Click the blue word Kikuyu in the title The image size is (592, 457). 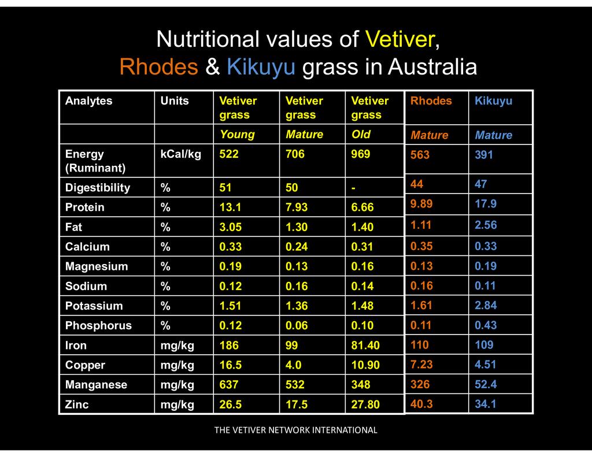261,67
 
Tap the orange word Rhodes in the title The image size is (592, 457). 158,67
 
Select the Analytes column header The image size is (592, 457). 88,101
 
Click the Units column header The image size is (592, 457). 175,101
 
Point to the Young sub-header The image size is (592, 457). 237,135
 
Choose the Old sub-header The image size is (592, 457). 361,135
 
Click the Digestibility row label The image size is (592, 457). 98,188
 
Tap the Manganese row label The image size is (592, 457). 96,385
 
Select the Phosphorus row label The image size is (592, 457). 98,326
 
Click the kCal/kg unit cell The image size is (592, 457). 181,154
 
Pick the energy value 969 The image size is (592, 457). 361,154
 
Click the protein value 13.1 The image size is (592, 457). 230,207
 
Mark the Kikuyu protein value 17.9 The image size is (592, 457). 486,204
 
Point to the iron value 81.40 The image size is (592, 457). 365,345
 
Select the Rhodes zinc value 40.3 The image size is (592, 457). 421,404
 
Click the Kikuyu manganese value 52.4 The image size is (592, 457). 486,384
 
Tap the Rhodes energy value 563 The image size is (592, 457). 420,155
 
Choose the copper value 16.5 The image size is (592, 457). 230,365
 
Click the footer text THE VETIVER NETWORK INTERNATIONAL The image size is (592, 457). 295,430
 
